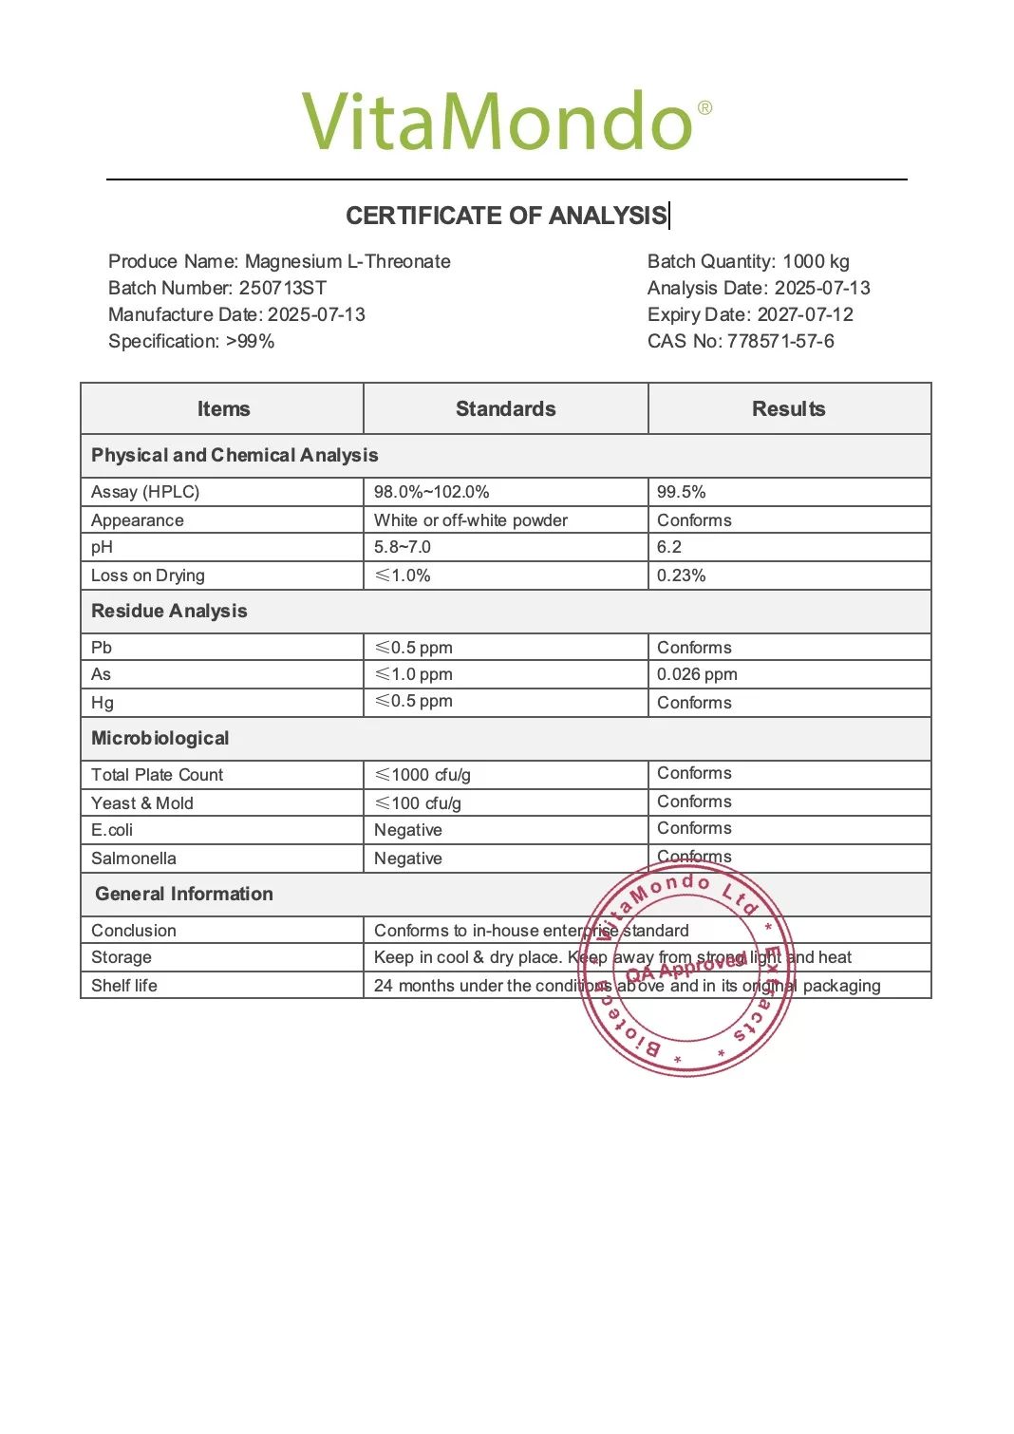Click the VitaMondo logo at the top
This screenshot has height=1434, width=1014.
[506, 123]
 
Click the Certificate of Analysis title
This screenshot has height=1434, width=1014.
[506, 217]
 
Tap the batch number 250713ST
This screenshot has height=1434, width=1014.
[283, 289]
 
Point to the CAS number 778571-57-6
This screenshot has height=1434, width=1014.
[780, 342]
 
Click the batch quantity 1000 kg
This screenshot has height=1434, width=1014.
[816, 262]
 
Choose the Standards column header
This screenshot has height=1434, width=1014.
[505, 409]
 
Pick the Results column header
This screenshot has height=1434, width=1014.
[788, 409]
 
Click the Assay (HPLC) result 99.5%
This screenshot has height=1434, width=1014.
[682, 492]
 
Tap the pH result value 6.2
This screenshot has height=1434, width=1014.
[669, 547]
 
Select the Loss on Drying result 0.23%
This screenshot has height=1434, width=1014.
[682, 575]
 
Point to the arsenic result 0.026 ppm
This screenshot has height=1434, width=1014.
[697, 674]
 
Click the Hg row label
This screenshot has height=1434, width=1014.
[103, 703]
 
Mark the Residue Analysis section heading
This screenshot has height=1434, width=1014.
[169, 612]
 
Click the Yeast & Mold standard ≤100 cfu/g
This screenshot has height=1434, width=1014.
[418, 803]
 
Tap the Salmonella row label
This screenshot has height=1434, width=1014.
[134, 859]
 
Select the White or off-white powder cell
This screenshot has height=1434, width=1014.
[471, 520]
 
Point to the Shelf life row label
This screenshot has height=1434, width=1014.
[124, 986]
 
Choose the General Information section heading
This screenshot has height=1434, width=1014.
[184, 895]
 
